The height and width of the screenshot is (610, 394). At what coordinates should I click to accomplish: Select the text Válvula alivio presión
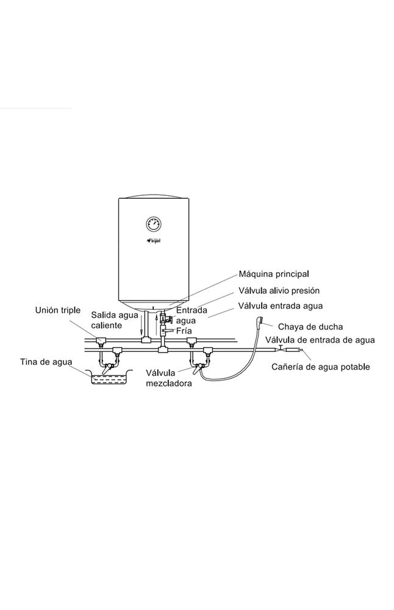click(x=271, y=290)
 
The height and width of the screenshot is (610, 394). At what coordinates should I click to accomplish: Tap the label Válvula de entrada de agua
click(x=320, y=340)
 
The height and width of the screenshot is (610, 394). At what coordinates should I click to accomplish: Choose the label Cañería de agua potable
click(x=321, y=367)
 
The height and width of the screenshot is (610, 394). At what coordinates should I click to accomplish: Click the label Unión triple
click(x=57, y=310)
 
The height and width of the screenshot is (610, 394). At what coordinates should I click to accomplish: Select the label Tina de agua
click(x=45, y=362)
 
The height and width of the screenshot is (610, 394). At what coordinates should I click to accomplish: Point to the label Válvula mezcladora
click(x=169, y=378)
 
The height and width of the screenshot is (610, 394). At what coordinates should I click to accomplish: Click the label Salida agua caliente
click(x=114, y=320)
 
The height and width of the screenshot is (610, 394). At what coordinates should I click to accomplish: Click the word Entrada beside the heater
click(x=192, y=310)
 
